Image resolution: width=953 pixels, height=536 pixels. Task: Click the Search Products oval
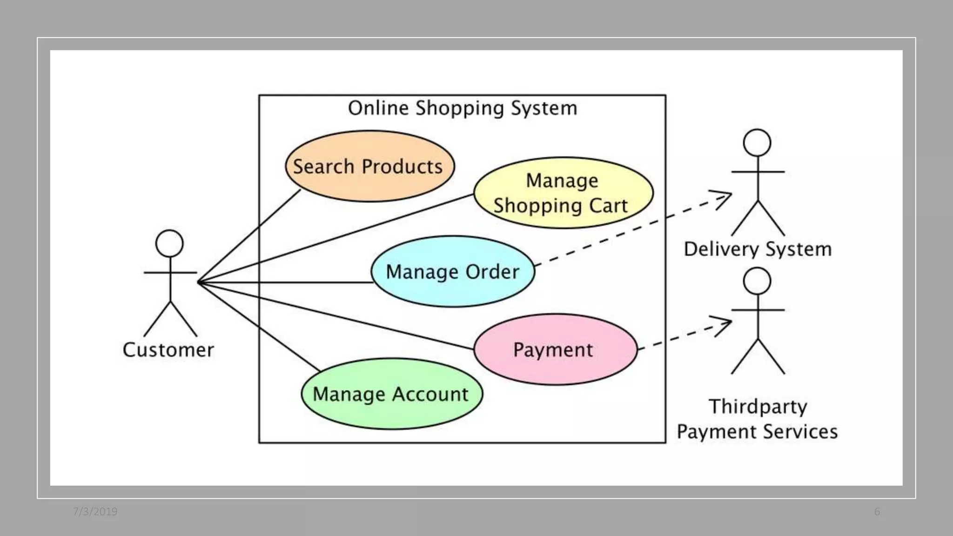pos(370,166)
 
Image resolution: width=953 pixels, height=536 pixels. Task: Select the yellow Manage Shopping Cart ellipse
pos(563,193)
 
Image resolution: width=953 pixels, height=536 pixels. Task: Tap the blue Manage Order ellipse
pos(453,272)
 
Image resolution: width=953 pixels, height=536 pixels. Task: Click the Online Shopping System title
pos(463,108)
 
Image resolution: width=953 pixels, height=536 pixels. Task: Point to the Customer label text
pos(168,350)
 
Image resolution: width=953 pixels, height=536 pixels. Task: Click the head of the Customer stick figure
pos(169,243)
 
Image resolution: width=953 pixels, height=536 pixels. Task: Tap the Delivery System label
pos(758,249)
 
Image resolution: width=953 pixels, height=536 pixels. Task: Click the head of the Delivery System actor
pos(757,142)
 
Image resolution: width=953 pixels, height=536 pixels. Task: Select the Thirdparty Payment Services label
pos(758,419)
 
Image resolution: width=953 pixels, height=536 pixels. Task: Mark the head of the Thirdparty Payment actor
pos(757,281)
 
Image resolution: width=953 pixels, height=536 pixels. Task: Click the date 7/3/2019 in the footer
pos(95,512)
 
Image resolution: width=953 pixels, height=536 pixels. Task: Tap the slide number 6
pos(877,512)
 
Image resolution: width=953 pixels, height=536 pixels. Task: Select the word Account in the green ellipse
pos(430,394)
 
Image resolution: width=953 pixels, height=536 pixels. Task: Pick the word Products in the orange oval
pos(402,167)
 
